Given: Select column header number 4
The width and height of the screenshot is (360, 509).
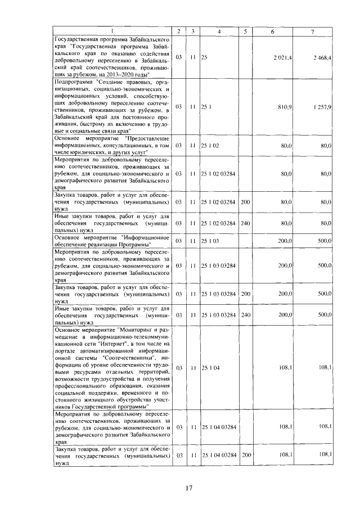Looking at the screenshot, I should point(219,30).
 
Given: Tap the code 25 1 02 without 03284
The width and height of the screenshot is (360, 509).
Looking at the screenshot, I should point(210,145).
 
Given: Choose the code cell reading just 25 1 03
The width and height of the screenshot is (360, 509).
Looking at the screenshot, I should point(210,240).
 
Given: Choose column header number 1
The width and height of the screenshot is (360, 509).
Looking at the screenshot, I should point(111,30).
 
